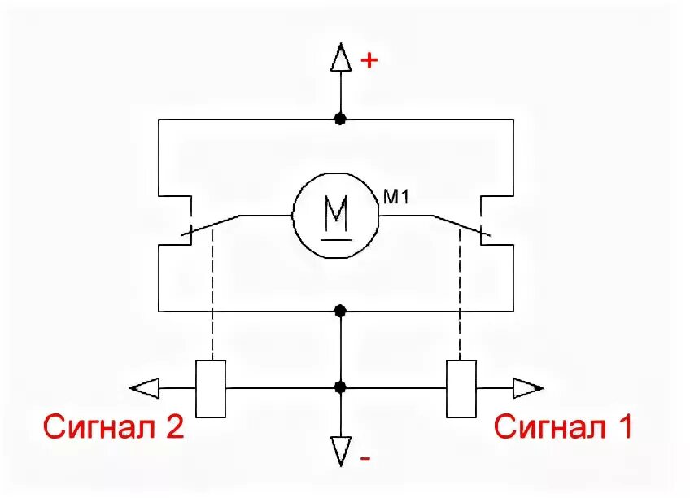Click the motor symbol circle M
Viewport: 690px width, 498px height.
tap(336, 216)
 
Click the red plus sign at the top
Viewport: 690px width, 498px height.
tap(370, 60)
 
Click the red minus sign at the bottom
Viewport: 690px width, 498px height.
tap(365, 459)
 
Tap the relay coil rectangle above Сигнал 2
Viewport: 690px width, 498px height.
tap(211, 389)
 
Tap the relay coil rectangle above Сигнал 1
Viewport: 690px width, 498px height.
tap(461, 389)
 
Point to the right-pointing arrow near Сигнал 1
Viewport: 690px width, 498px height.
tap(527, 389)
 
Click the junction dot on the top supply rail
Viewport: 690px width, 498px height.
tap(341, 119)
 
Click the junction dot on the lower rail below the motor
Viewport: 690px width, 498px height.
tap(341, 311)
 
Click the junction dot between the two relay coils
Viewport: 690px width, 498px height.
tap(341, 388)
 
